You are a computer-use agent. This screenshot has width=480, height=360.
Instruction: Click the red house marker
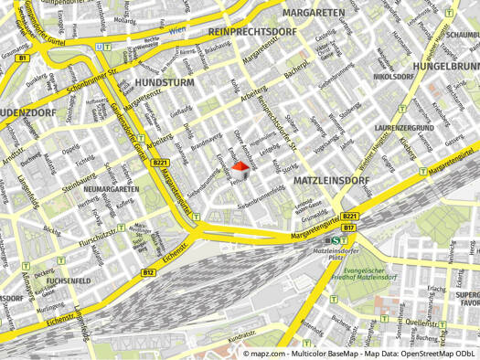240,171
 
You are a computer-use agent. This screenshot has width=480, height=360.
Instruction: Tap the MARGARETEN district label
314,13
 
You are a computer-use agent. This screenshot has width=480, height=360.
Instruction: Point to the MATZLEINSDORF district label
332,181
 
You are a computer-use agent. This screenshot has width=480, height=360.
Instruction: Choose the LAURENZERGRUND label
403,127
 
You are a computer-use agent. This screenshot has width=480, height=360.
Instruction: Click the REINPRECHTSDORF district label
254,32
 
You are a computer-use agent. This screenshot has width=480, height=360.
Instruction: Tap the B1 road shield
24,58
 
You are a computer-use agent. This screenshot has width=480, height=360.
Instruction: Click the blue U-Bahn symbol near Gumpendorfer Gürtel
107,46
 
